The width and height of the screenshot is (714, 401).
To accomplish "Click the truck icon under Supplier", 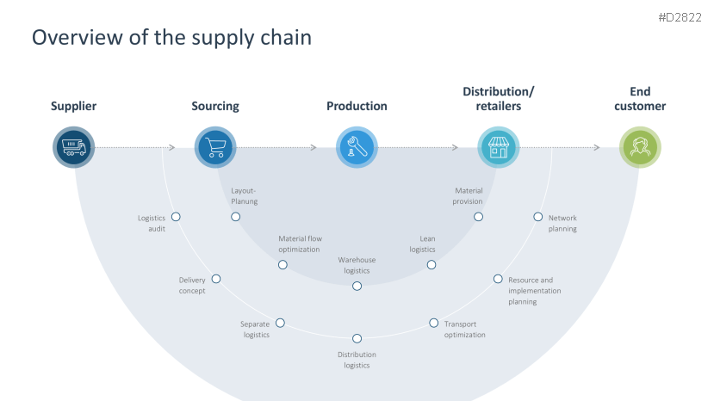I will coord(73,147).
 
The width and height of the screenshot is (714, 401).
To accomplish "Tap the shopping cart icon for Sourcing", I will coord(214,147).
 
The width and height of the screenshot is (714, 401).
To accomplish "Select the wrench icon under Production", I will coord(357,147).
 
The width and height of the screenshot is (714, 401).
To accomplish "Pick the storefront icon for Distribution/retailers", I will coord(499,147).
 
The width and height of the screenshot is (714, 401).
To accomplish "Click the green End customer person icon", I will coord(640,147).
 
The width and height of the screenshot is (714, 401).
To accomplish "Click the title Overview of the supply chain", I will coord(171,38).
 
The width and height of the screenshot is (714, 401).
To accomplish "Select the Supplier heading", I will coord(73,107).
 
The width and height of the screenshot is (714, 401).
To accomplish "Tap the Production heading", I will coord(357,107).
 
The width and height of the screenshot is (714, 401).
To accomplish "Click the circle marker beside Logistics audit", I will coord(176,217).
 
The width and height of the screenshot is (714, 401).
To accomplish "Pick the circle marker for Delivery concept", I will coord(216,279).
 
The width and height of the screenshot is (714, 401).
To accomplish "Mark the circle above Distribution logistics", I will coord(357,338).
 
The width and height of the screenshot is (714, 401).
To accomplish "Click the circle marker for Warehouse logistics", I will coord(357,286).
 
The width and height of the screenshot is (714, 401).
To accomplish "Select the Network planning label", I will coord(562,224).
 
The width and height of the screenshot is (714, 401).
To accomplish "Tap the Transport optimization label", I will coord(465,330).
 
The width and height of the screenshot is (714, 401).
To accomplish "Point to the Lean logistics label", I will coord(422,244).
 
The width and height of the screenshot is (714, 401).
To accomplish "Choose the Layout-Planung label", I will coord(244,195).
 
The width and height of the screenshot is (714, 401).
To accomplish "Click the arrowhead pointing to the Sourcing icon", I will coord(172,147).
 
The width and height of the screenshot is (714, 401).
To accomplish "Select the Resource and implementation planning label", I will coord(534,291).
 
